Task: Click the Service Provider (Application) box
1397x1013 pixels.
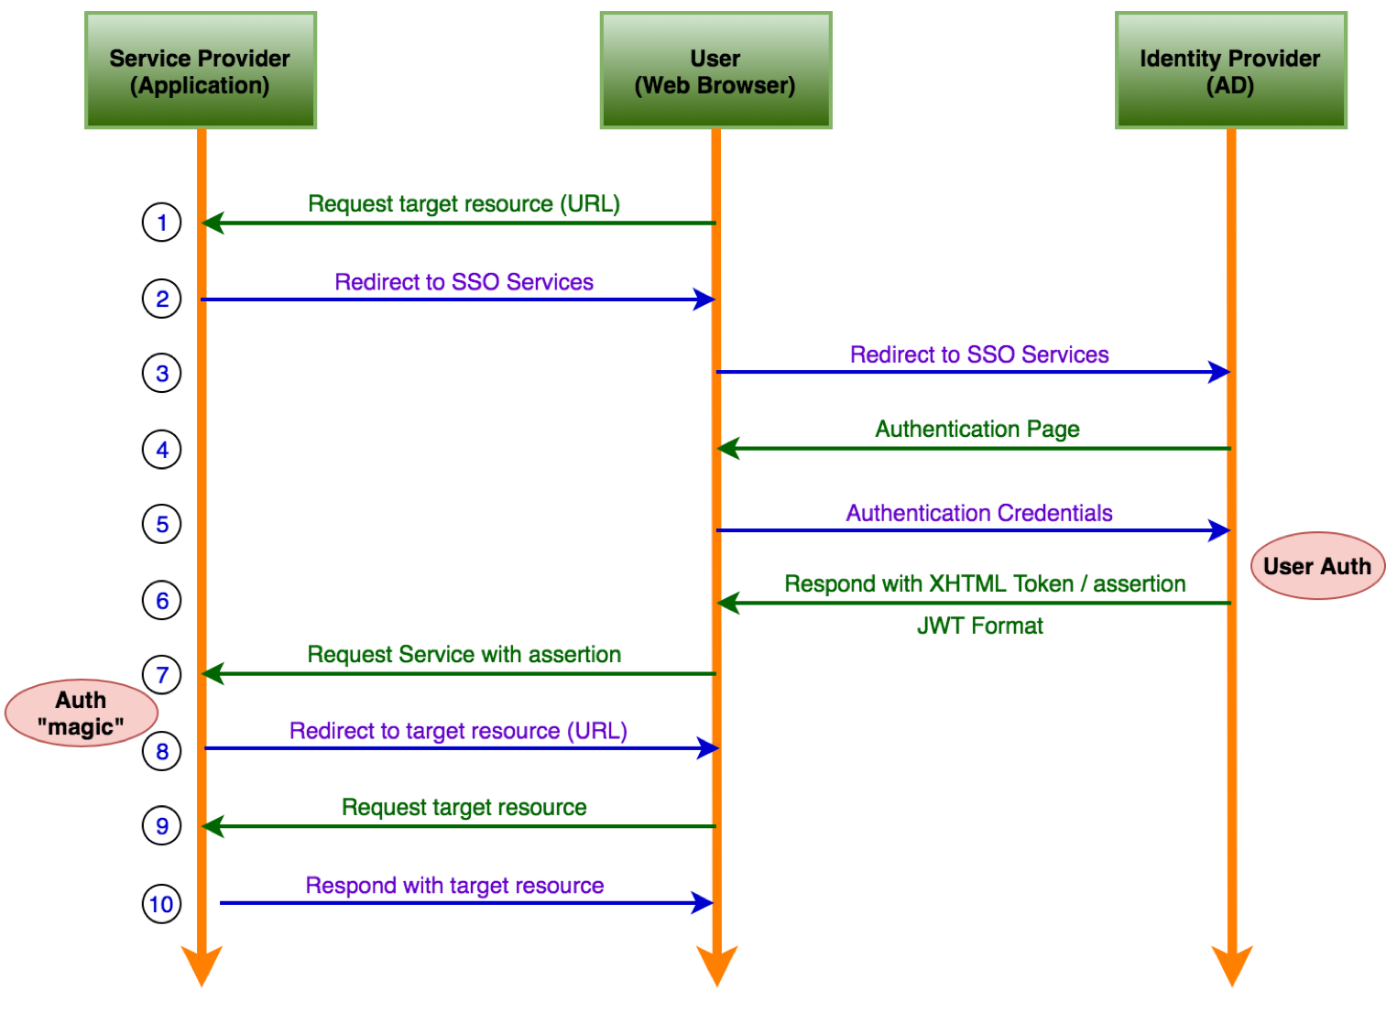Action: click(200, 71)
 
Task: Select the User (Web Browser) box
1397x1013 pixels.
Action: click(715, 71)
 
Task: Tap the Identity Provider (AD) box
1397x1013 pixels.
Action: click(1230, 71)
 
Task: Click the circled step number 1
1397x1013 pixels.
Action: click(162, 223)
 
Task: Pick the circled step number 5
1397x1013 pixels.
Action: click(162, 525)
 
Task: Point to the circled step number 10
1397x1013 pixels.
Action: click(162, 905)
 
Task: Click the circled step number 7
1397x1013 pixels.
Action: click(162, 675)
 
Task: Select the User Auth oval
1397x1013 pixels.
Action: click(1317, 566)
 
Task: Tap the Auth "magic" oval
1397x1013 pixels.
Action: click(82, 713)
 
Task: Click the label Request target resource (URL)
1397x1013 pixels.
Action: click(464, 203)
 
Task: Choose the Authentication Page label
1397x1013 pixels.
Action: click(977, 429)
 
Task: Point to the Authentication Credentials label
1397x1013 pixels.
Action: click(979, 513)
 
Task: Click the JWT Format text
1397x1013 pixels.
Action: click(980, 626)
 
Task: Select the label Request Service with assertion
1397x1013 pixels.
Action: click(464, 654)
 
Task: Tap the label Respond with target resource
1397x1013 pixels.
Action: click(454, 886)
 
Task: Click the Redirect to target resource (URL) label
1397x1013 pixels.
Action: click(458, 731)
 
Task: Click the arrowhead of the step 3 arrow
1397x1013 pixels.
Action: click(1219, 372)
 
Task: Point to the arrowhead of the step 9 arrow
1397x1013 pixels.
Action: click(213, 826)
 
